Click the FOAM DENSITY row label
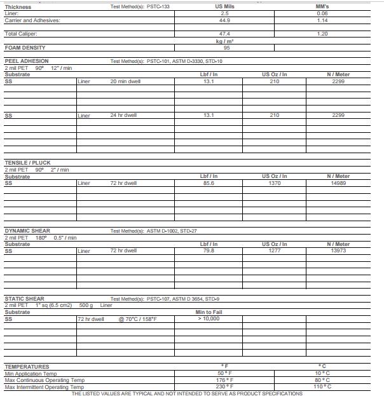coord(25,48)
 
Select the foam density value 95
coord(226,48)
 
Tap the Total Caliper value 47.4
coord(224,33)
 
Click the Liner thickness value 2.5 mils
coord(224,13)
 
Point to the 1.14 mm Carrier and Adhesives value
coord(322,20)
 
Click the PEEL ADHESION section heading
coord(27,61)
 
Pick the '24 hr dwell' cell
coord(123,115)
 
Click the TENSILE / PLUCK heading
coord(27,163)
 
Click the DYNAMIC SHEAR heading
coord(27,231)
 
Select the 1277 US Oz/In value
coord(274,250)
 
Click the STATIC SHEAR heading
coord(24,298)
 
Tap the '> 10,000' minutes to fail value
coord(209,318)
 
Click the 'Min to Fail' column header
coord(209,312)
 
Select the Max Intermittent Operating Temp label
coord(44,386)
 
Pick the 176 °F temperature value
coord(225,380)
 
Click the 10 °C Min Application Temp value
coord(323,374)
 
